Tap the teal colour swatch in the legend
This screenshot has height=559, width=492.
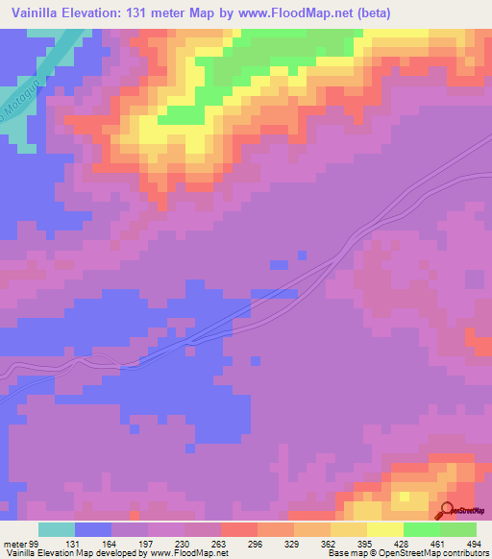(57, 529)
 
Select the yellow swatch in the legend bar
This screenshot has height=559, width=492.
(384, 529)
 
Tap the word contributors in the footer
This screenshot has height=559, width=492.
(463, 553)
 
